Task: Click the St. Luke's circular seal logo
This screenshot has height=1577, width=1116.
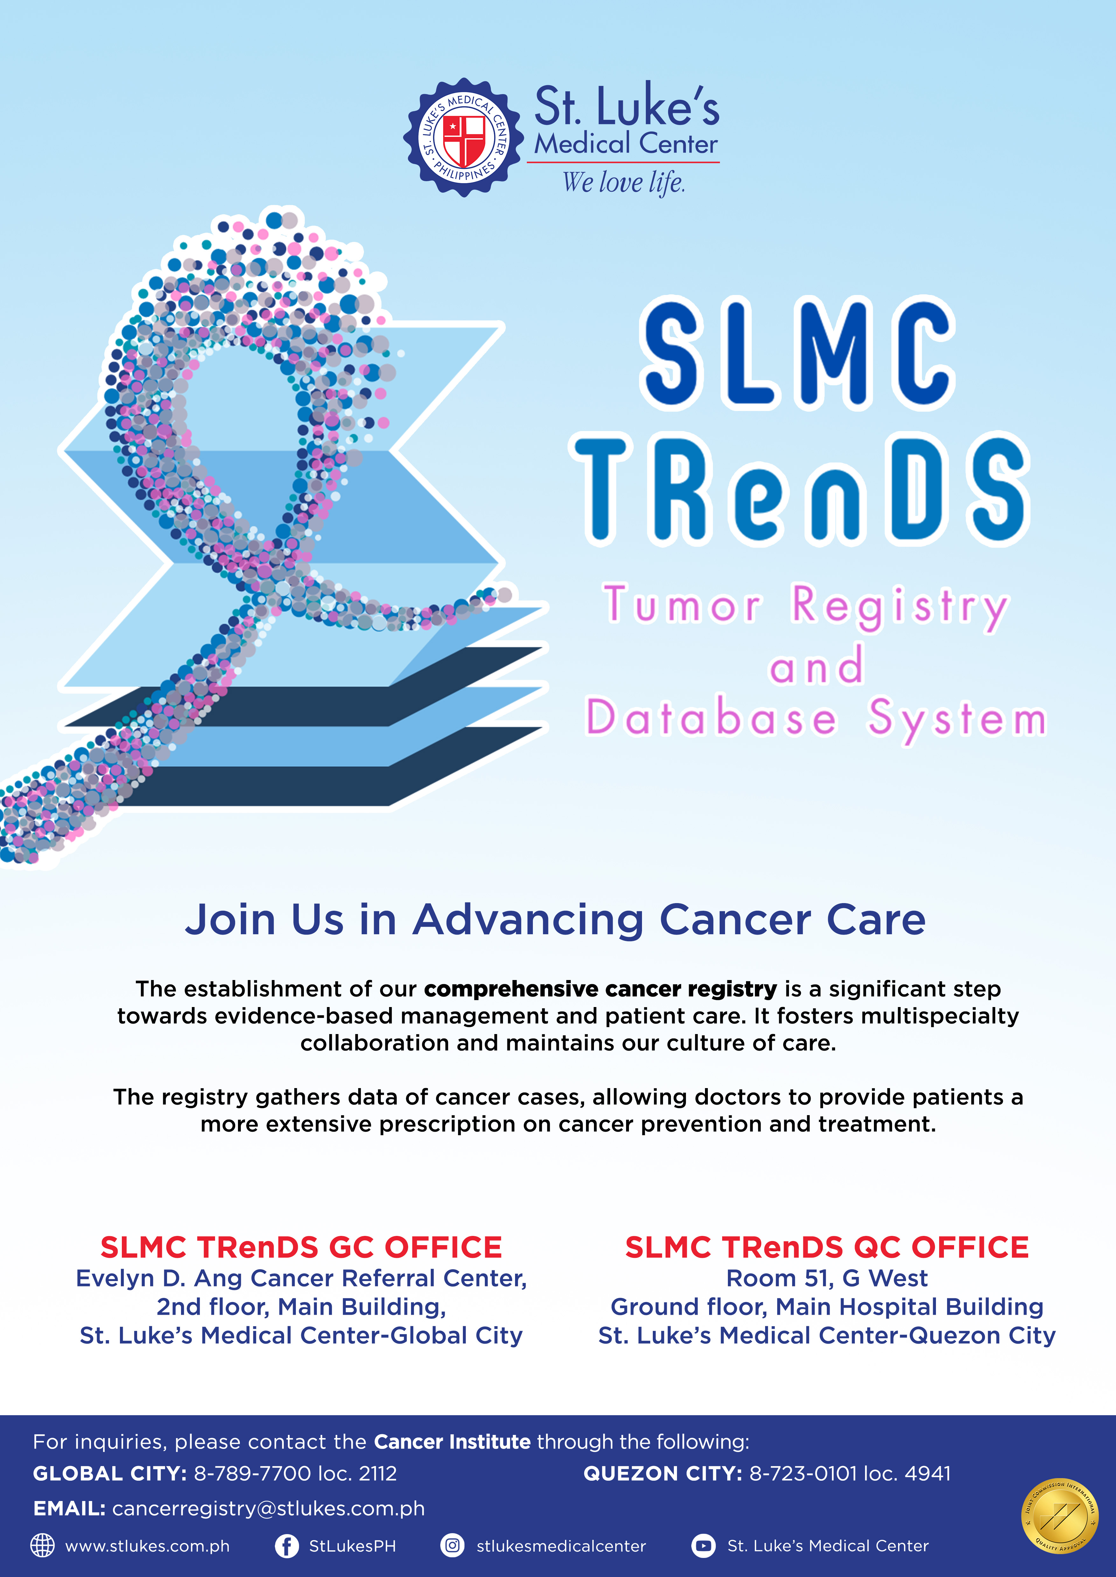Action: pyautogui.click(x=464, y=137)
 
